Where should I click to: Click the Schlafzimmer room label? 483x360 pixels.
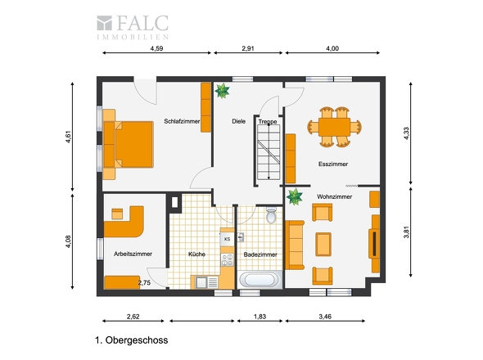pyautogui.click(x=182, y=121)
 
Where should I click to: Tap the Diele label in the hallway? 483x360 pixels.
pyautogui.click(x=239, y=121)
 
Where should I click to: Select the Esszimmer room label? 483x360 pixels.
pyautogui.click(x=333, y=164)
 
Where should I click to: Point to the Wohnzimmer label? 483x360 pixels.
pyautogui.click(x=334, y=196)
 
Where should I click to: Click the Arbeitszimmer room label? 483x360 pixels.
pyautogui.click(x=133, y=254)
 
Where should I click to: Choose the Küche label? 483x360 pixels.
pyautogui.click(x=196, y=254)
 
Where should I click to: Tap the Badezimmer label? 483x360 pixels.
pyautogui.click(x=260, y=254)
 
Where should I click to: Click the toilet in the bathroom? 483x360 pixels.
pyautogui.click(x=271, y=215)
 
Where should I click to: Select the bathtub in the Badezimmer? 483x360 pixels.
pyautogui.click(x=260, y=280)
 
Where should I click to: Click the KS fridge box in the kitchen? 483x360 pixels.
pyautogui.click(x=227, y=239)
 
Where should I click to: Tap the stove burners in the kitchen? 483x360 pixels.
pyautogui.click(x=228, y=259)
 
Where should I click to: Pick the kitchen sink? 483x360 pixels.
pyautogui.click(x=201, y=282)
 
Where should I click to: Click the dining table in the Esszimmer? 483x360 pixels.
pyautogui.click(x=334, y=127)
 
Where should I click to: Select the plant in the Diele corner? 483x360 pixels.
pyautogui.click(x=222, y=91)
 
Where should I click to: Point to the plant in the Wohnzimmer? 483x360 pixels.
pyautogui.click(x=295, y=197)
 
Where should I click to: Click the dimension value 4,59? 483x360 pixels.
pyautogui.click(x=156, y=48)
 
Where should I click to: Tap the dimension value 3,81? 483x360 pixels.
pyautogui.click(x=407, y=232)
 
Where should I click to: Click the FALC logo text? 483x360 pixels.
pyautogui.click(x=142, y=23)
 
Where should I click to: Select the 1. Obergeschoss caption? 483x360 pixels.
pyautogui.click(x=132, y=340)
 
